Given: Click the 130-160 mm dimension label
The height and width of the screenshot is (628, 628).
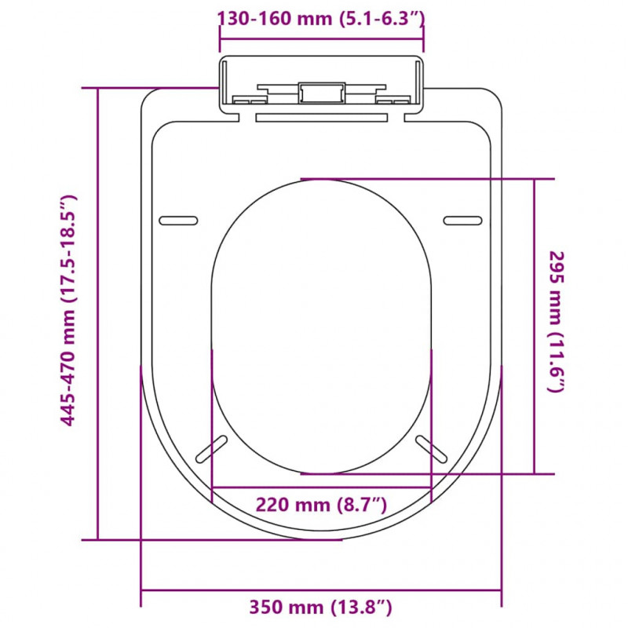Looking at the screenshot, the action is click(x=320, y=19).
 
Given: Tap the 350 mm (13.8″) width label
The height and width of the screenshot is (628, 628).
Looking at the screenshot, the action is click(x=320, y=607).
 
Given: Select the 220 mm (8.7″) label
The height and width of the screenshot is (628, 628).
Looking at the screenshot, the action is click(x=321, y=505).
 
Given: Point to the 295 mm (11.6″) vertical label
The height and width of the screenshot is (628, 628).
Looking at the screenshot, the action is click(x=556, y=322).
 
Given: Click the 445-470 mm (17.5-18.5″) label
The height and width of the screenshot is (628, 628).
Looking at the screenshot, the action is click(x=68, y=310).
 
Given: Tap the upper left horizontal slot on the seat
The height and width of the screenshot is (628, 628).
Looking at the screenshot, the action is click(x=178, y=221).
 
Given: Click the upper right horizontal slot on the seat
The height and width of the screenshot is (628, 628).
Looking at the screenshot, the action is click(x=462, y=221).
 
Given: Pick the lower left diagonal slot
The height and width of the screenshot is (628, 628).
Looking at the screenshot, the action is click(x=211, y=449).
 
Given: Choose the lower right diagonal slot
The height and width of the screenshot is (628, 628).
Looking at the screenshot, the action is click(x=431, y=449).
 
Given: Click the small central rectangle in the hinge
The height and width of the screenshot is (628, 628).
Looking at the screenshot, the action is click(x=322, y=93).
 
